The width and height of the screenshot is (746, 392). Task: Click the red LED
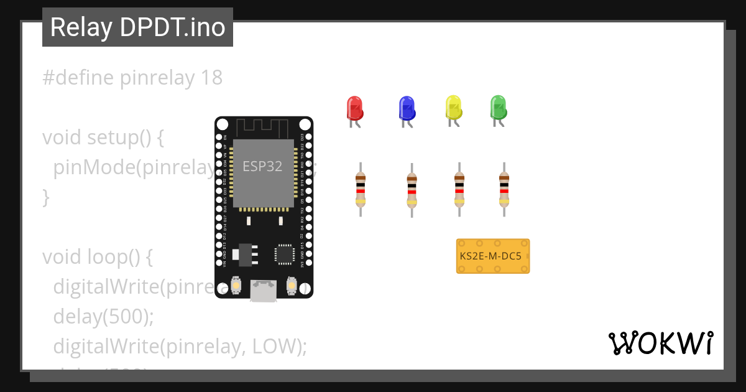tap(354, 108)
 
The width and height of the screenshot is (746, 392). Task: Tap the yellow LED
tap(454, 108)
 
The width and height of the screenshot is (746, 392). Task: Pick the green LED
tap(498, 108)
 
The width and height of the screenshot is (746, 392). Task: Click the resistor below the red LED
tap(360, 189)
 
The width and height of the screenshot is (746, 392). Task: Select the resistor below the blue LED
tap(412, 190)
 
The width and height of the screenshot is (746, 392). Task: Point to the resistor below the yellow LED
tap(459, 189)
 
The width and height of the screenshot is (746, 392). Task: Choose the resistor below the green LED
tap(504, 189)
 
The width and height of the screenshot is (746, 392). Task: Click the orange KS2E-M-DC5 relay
tap(493, 256)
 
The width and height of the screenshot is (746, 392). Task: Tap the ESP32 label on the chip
tap(262, 167)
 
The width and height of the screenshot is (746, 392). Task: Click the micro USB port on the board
tap(264, 291)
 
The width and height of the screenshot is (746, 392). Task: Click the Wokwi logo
tap(660, 343)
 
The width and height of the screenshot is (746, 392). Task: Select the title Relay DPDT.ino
tap(137, 27)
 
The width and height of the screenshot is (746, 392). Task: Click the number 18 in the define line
tap(211, 78)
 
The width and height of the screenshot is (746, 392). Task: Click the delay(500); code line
tap(103, 316)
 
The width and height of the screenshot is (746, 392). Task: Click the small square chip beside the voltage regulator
tap(284, 253)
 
